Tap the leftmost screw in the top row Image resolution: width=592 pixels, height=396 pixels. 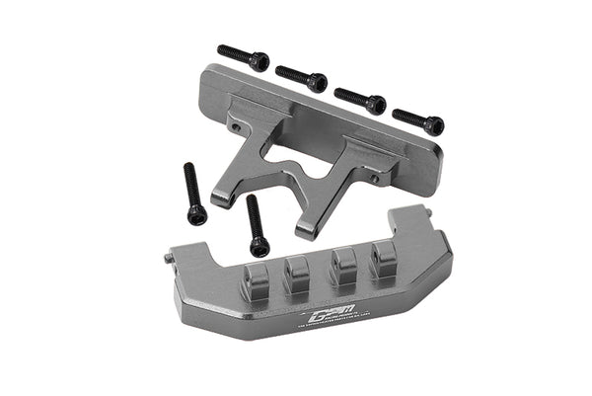tap(243, 56)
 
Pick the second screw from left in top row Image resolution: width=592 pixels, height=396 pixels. tap(301, 78)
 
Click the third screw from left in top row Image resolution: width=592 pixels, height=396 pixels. tap(359, 99)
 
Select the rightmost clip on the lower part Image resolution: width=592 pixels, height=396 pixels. tap(384, 260)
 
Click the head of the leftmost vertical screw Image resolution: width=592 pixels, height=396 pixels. tap(198, 214)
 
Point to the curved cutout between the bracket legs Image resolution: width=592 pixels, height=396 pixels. tap(279, 170)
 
